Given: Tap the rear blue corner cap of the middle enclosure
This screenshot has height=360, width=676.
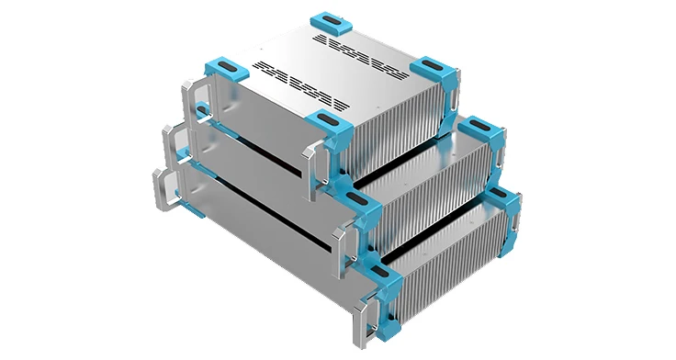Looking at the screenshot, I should click(x=479, y=129).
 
